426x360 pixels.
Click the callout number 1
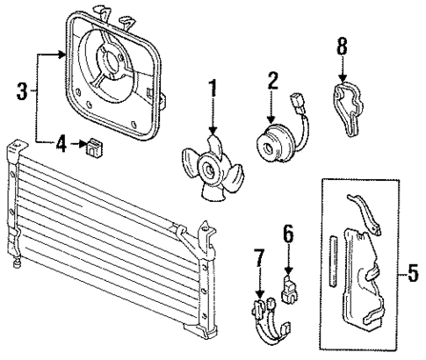point(212,88)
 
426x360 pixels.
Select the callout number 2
point(272,80)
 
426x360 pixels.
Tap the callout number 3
point(23,89)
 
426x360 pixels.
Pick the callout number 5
point(414,277)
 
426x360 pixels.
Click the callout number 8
point(341,45)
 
